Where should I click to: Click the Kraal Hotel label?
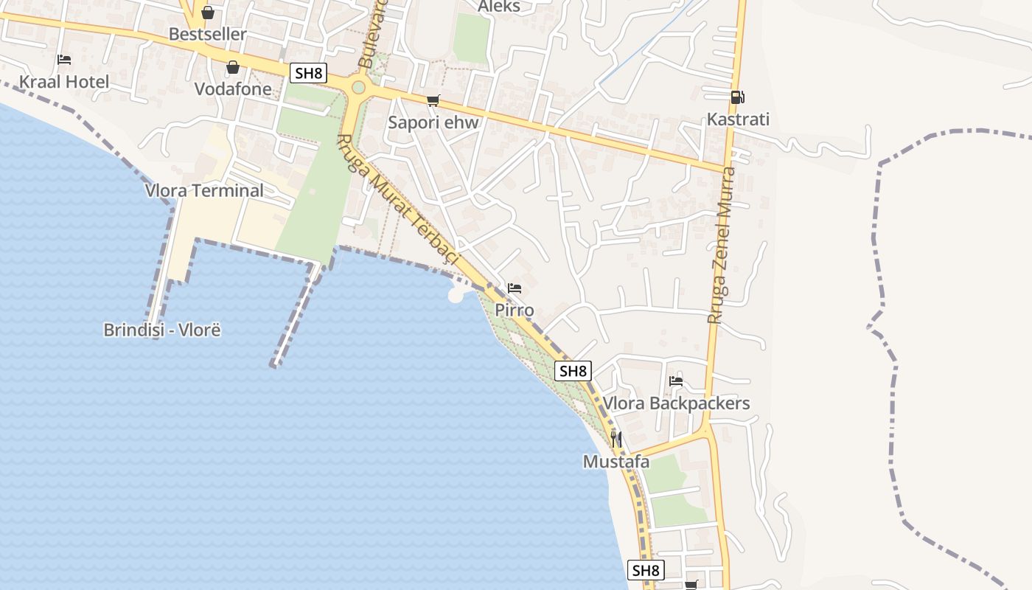coord(64,82)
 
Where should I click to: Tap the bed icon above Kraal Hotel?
coord(64,60)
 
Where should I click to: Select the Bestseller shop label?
coord(208,35)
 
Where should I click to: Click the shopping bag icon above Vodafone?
coord(233,67)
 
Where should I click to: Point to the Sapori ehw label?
coord(433,122)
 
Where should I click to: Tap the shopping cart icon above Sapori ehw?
coord(433,100)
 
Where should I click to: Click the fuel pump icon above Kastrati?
coord(737,97)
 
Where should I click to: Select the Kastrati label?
coord(738,119)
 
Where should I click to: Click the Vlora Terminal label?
coord(204,190)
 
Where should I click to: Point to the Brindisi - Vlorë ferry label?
coord(162,330)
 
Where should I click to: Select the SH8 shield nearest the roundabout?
coord(308,72)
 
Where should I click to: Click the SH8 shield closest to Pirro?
coord(573,371)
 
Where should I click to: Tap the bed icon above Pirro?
coord(515,288)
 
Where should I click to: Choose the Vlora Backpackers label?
coord(676,403)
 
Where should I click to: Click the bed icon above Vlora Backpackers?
coord(676,381)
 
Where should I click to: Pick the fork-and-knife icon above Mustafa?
coord(616,440)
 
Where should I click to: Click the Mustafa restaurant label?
coord(616,462)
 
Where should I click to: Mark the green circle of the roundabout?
coord(358,88)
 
